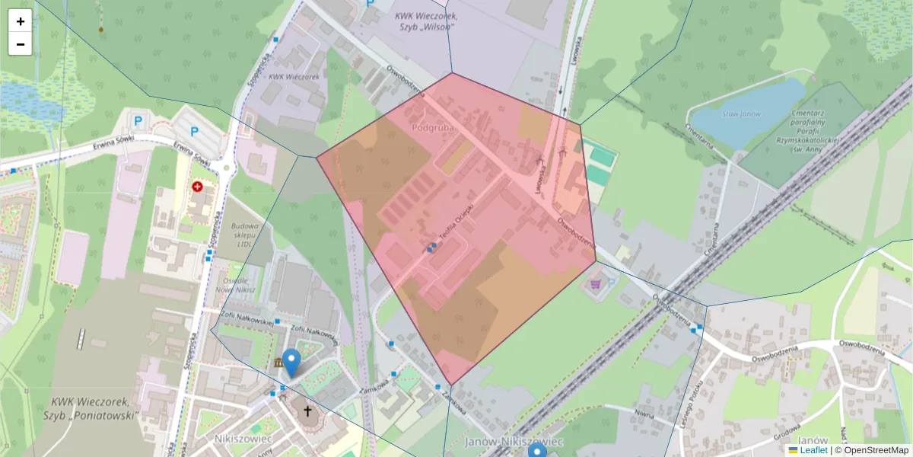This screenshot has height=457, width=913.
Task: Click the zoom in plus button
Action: point(21,21)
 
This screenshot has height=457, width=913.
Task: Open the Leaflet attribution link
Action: point(813,450)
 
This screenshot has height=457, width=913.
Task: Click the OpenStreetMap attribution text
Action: point(875,450)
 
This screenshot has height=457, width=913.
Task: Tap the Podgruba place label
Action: point(432,128)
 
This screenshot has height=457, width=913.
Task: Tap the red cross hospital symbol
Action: point(198,186)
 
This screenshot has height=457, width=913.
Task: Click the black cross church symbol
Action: point(308,412)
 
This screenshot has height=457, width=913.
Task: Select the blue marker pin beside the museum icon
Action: point(291,362)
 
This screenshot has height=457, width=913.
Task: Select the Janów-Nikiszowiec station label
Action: point(513,442)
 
